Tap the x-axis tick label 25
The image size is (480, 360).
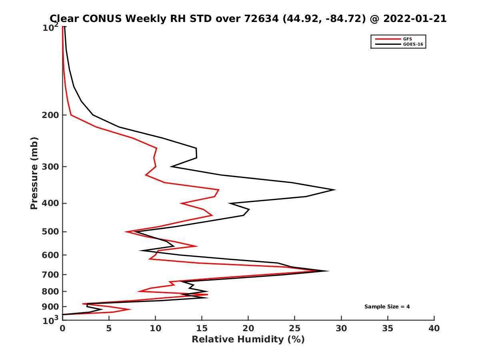click(x=295, y=329)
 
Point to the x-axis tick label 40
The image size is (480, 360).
click(x=434, y=329)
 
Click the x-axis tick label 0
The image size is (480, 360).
click(x=62, y=329)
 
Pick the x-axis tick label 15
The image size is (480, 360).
click(x=202, y=329)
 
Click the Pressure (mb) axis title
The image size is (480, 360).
click(x=34, y=173)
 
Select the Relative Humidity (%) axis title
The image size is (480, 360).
click(x=248, y=340)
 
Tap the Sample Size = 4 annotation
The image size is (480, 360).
click(x=387, y=307)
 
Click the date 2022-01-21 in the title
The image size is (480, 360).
click(x=414, y=18)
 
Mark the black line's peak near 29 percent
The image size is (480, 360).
click(x=335, y=190)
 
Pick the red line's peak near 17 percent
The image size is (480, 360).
click(x=219, y=190)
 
